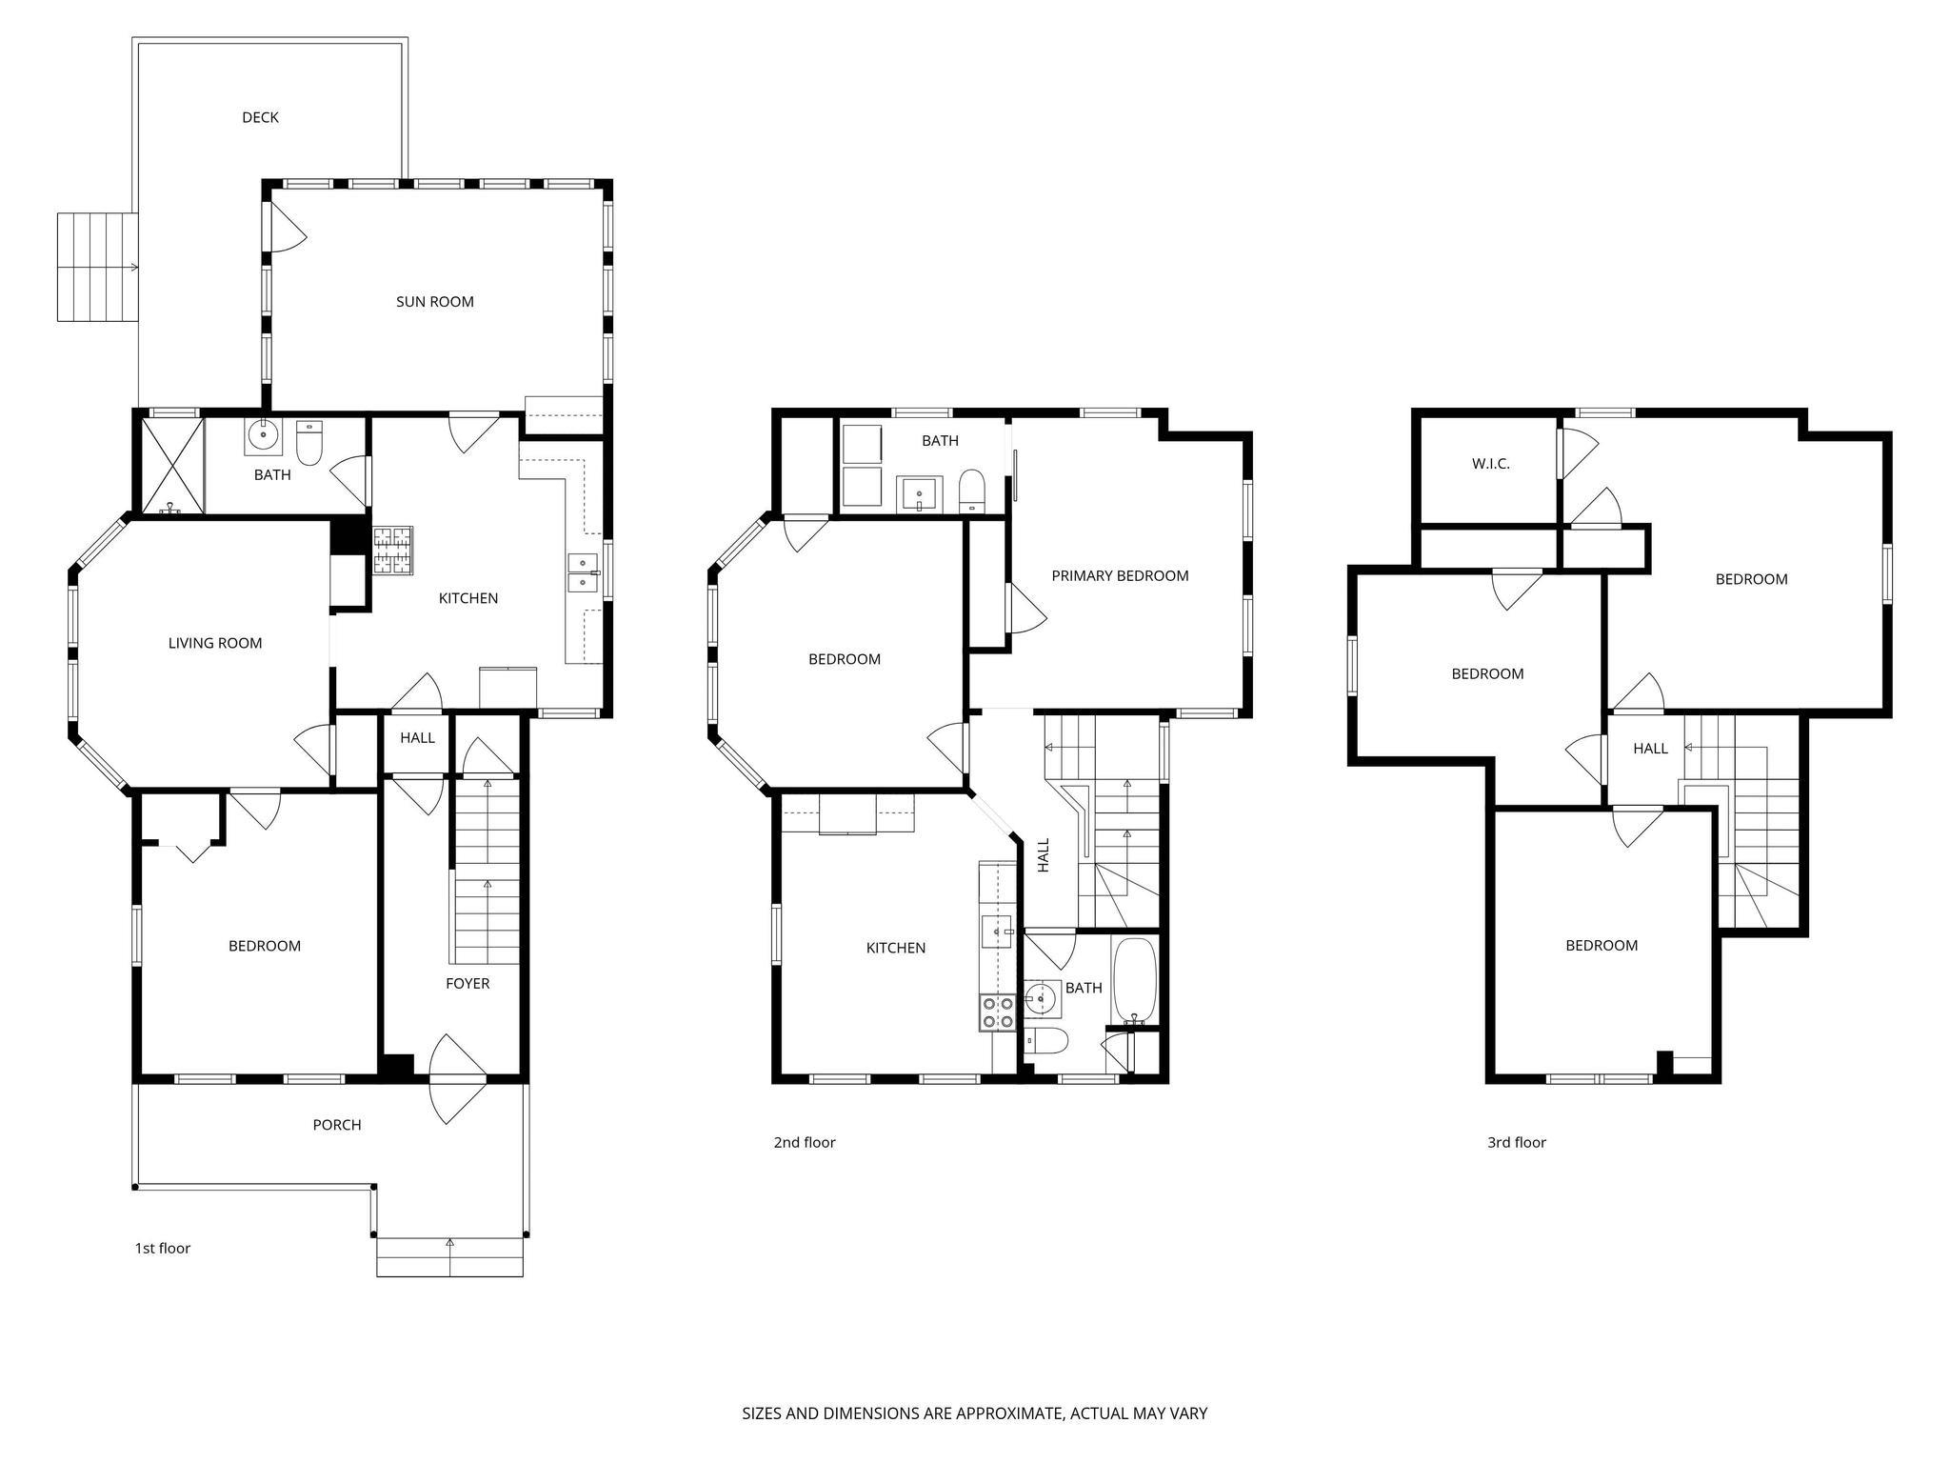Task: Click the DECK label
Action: pos(260,117)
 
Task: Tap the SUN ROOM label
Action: pos(434,302)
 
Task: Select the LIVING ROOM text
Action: pos(214,643)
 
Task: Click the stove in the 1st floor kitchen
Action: pos(393,551)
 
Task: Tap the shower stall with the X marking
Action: pos(172,466)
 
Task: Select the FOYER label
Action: pos(467,983)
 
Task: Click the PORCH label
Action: pos(337,1125)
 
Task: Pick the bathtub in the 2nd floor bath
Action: pos(1134,979)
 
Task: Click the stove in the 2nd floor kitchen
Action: pos(997,1012)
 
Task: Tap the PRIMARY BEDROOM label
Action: pos(1120,575)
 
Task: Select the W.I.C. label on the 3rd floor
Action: pos(1490,464)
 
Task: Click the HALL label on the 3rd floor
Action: pos(1650,749)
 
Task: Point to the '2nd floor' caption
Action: pos(804,1142)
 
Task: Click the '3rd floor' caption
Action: pos(1516,1142)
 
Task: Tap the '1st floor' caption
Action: pos(162,1248)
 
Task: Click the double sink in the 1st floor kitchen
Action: pos(582,572)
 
